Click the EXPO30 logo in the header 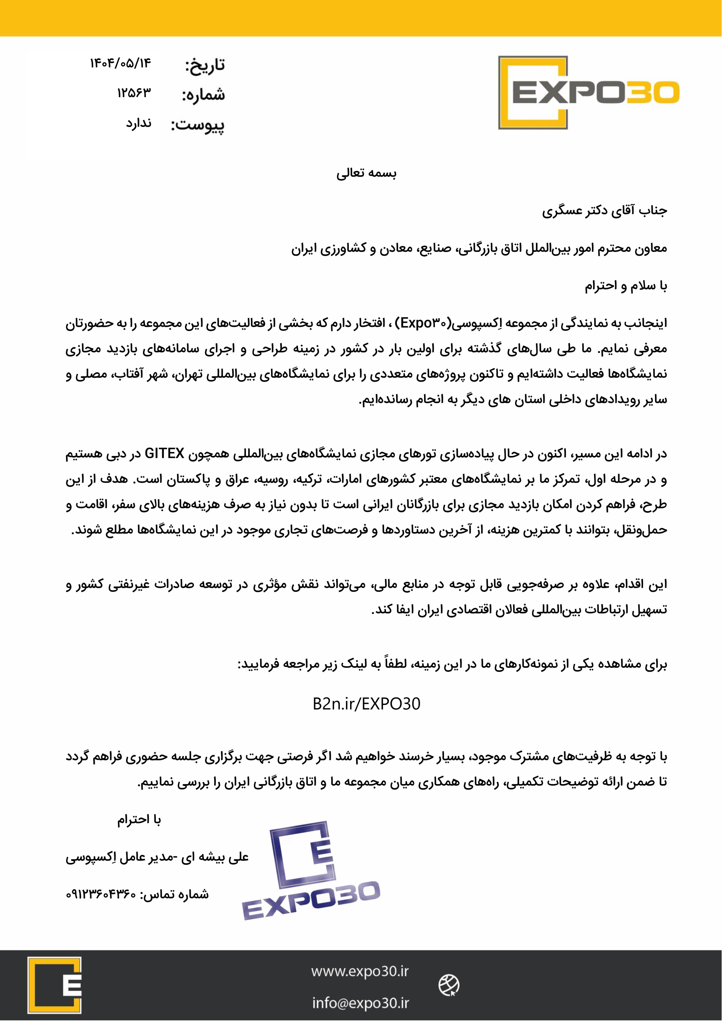pos(588,93)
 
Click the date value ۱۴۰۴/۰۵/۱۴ pos(121,63)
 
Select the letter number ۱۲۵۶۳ pos(134,93)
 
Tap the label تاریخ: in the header pos(205,66)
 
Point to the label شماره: pos(203,95)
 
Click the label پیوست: pos(198,125)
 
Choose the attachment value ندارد pos(139,123)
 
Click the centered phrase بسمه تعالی pos(366,173)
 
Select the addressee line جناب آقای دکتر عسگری pos(604,211)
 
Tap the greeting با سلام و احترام pos(626,286)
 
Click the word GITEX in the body pos(165,454)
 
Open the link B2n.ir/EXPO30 pos(366,704)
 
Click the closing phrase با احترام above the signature pos(139,820)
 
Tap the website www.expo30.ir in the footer pos(360,971)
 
